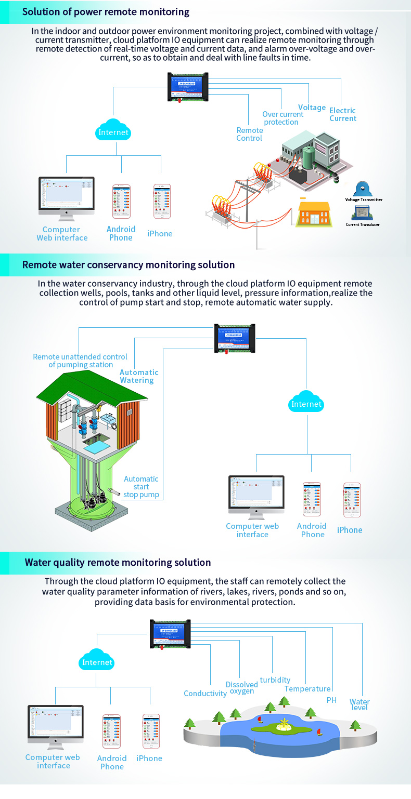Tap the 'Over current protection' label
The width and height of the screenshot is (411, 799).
coord(282,118)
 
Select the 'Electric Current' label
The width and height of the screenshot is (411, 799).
coord(342,114)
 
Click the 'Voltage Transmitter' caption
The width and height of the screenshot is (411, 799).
coord(364,199)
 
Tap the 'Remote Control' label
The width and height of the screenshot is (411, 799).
coord(249,134)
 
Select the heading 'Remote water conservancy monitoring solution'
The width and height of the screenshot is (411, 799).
coord(128,265)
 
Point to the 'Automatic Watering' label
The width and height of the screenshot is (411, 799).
coord(139,376)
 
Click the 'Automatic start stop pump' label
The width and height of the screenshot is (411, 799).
coord(141,487)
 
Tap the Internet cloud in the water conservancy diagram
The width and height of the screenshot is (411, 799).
coord(306,403)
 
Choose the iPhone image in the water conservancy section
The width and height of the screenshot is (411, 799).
coord(352,500)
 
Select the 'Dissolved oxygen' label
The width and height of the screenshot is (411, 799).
coord(241,688)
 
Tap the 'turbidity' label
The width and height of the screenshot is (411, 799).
coord(275,680)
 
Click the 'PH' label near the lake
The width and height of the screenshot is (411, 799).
coord(331,700)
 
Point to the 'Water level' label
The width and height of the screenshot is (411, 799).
coord(359,704)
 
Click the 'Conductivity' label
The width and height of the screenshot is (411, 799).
coord(205,694)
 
